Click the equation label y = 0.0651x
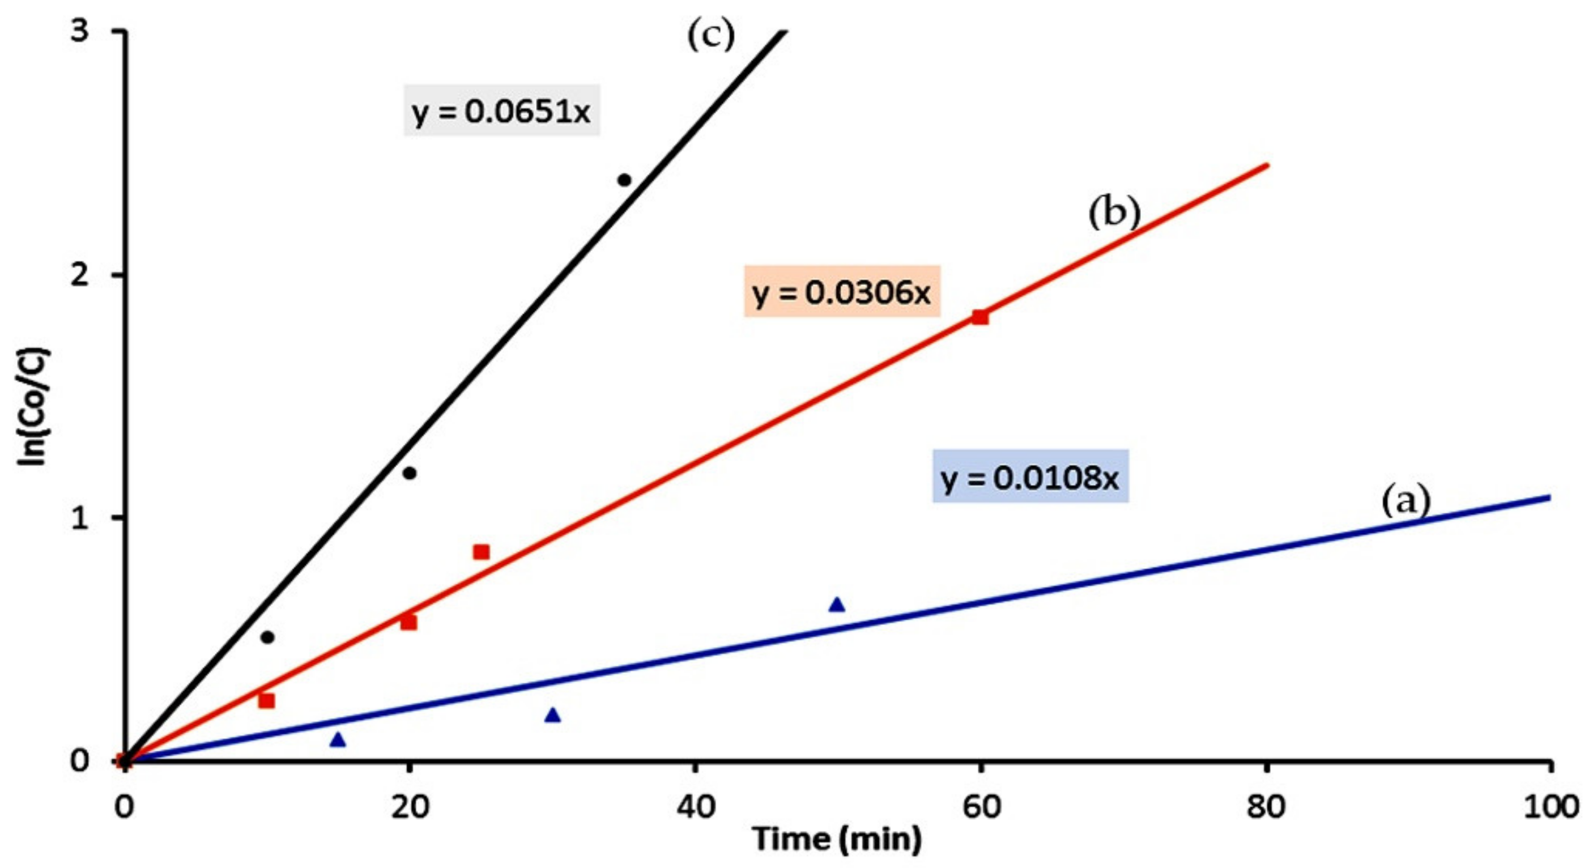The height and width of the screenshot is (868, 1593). tap(501, 112)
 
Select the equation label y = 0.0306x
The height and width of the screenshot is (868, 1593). tap(841, 292)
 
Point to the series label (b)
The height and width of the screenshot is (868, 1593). tap(1114, 214)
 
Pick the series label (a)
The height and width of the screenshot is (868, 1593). tap(1405, 501)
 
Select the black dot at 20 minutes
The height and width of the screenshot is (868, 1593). tap(410, 473)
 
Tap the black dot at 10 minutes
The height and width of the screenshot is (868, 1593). tap(267, 637)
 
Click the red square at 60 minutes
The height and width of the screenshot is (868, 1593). tap(980, 317)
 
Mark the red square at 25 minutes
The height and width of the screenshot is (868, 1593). tap(481, 552)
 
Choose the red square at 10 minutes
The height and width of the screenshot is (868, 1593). tap(266, 701)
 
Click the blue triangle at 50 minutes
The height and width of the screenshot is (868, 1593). tap(837, 605)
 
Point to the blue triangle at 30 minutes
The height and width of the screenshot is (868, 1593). tap(553, 715)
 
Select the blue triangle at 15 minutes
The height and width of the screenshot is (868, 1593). tap(338, 740)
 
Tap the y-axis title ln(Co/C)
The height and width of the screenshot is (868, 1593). tap(34, 407)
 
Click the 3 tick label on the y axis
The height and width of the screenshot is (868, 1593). tap(79, 31)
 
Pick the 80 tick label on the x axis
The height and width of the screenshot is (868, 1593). tap(1266, 807)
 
